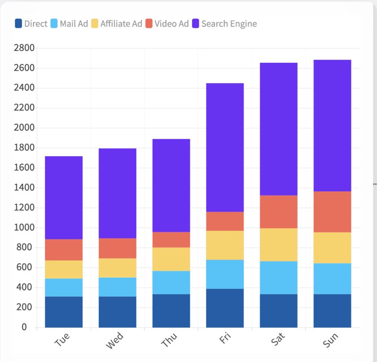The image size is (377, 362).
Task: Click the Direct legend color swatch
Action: [x=18, y=23]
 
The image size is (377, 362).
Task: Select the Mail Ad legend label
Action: [x=74, y=23]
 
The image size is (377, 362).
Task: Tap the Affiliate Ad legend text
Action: [x=121, y=23]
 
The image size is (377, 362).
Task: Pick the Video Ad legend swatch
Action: [x=149, y=23]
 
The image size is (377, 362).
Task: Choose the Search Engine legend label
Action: [x=229, y=24]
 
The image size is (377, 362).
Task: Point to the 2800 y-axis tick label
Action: [x=24, y=48]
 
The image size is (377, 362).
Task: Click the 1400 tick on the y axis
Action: [x=24, y=187]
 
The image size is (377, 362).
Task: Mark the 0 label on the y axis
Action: [x=24, y=327]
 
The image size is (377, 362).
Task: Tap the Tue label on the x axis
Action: [x=62, y=339]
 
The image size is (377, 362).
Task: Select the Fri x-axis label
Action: [x=225, y=338]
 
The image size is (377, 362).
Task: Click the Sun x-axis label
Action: [x=331, y=340]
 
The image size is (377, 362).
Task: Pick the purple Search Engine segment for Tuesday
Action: [x=64, y=198]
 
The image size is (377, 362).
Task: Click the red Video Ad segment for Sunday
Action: [x=332, y=212]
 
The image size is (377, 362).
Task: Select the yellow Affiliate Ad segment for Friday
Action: [x=225, y=245]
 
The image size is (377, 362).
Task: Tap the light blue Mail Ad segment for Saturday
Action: [x=279, y=278]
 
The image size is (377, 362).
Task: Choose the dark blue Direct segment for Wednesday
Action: [x=118, y=312]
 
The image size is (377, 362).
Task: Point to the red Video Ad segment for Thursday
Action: [x=171, y=240]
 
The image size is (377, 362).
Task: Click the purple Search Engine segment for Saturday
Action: [x=279, y=129]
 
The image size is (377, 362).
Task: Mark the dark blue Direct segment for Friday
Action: [x=225, y=308]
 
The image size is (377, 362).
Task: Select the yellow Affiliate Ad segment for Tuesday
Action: [x=64, y=269]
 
